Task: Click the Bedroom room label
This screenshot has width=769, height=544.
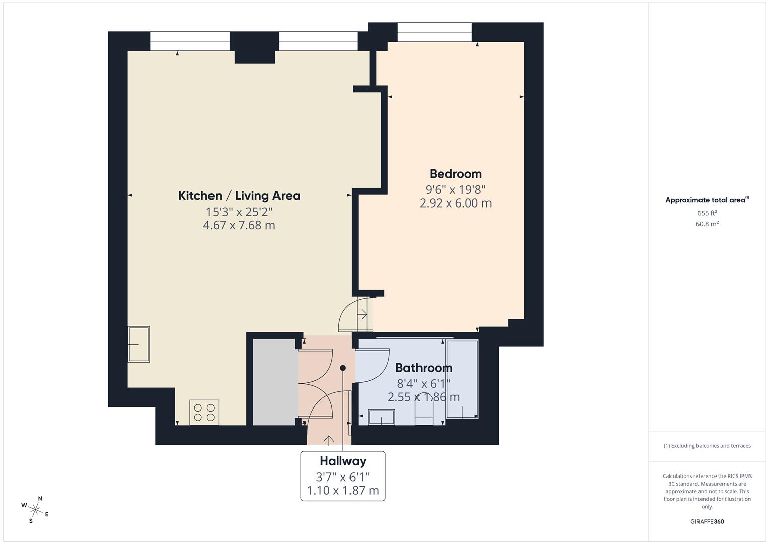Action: coord(455,174)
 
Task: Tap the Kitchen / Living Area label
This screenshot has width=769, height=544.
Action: coord(239,196)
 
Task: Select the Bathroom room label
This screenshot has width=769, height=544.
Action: coord(424,368)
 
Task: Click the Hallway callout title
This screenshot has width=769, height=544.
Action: coord(343,461)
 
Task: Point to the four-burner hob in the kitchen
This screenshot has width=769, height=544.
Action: coord(204,413)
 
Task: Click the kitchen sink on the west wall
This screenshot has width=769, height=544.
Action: coord(139,345)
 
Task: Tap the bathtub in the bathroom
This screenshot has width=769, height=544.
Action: coord(462,379)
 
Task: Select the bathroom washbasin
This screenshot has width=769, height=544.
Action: coord(381,417)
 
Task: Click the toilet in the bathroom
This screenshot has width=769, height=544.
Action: coord(424,414)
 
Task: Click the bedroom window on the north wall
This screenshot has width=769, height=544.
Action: coord(435,32)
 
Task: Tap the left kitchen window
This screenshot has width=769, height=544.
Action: coord(190,41)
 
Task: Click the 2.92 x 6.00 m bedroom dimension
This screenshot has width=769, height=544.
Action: coord(455,203)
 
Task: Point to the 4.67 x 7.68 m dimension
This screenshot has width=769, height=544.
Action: coord(239,225)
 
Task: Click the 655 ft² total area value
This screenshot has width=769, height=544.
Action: coord(707,213)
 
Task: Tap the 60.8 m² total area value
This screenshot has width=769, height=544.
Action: coord(707,224)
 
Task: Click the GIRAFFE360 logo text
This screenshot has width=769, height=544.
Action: coord(707,522)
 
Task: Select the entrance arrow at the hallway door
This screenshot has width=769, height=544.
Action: coord(329,440)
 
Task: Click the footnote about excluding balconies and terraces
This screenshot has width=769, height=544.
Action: coord(707,446)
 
